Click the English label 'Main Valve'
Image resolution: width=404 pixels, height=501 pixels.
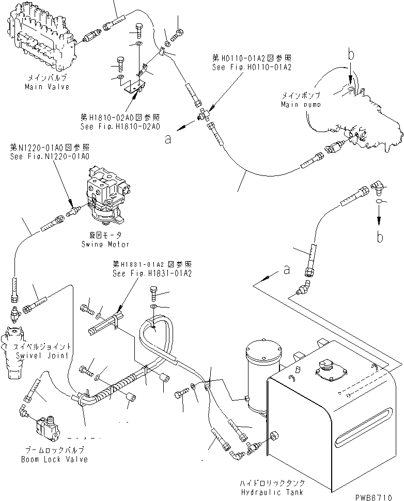coord(47,87)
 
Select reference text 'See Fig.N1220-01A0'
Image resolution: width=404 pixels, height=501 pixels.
coord(50,156)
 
